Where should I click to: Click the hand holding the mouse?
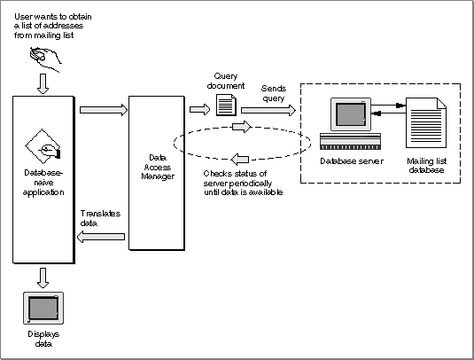45,59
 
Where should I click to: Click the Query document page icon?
226,105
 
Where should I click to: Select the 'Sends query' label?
273,93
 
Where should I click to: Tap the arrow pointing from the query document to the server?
268,110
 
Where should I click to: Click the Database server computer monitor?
351,114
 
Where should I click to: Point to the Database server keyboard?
350,141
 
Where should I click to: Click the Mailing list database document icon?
426,122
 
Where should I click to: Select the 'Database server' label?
352,161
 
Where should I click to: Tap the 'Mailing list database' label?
426,165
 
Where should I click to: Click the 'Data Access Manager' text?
158,167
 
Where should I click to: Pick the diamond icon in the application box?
43,145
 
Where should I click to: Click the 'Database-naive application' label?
43,183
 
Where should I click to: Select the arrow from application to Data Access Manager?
104,110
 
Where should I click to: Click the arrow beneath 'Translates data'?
101,237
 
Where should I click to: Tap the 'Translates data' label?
100,218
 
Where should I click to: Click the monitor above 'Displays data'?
43,308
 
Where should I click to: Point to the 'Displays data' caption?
43,339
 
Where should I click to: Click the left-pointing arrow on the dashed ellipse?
240,159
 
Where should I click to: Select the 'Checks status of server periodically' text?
237,178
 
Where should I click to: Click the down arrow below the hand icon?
43,84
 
